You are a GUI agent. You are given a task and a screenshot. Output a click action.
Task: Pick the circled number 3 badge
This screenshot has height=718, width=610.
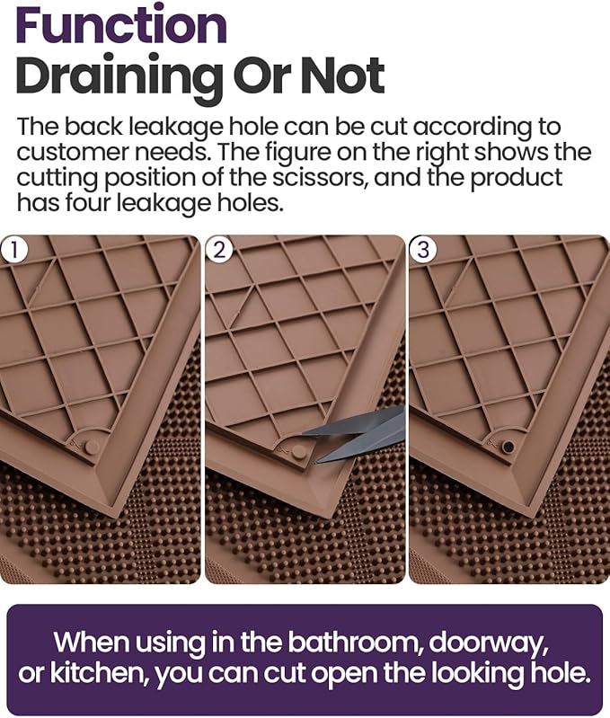[x=422, y=251]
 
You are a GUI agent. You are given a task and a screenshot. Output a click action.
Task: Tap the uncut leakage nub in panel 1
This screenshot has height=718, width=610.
[x=92, y=447]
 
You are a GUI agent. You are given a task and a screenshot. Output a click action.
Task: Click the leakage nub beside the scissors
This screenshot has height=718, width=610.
[x=297, y=452]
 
